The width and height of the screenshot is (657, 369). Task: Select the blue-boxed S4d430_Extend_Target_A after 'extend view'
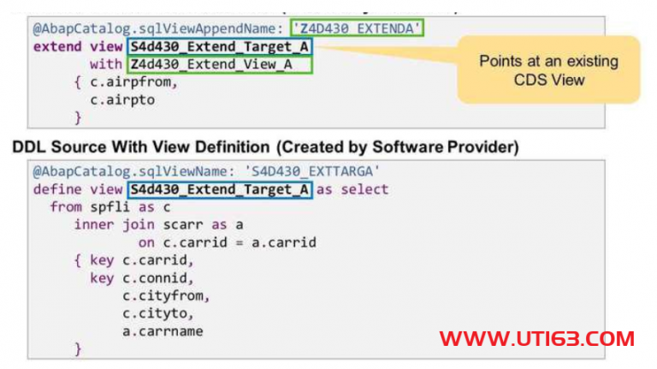(x=219, y=46)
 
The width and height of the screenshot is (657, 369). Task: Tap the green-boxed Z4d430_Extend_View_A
(x=219, y=64)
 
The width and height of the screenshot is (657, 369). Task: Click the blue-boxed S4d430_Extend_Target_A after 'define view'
(x=219, y=189)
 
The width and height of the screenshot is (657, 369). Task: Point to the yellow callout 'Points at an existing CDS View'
(x=547, y=70)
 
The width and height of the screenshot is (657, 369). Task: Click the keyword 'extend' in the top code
(x=57, y=46)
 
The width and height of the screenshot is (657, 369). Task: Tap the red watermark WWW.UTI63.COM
(x=537, y=337)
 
